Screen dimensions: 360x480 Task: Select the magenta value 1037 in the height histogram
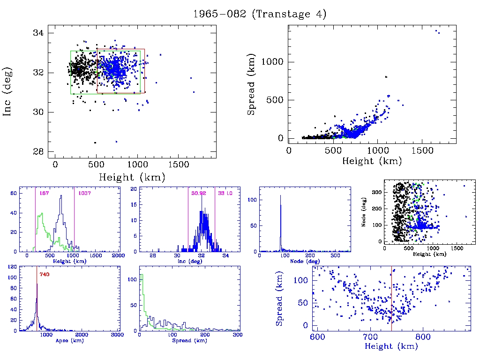85,193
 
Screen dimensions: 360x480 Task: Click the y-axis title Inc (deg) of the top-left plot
8,92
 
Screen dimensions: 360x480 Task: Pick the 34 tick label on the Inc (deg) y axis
38,33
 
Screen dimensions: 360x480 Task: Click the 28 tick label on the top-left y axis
38,151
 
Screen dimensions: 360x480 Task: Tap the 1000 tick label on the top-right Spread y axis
273,62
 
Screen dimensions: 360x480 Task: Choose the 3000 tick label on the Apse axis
117,336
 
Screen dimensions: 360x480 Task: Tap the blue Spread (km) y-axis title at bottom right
279,298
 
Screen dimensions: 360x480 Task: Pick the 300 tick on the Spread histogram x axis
238,336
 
